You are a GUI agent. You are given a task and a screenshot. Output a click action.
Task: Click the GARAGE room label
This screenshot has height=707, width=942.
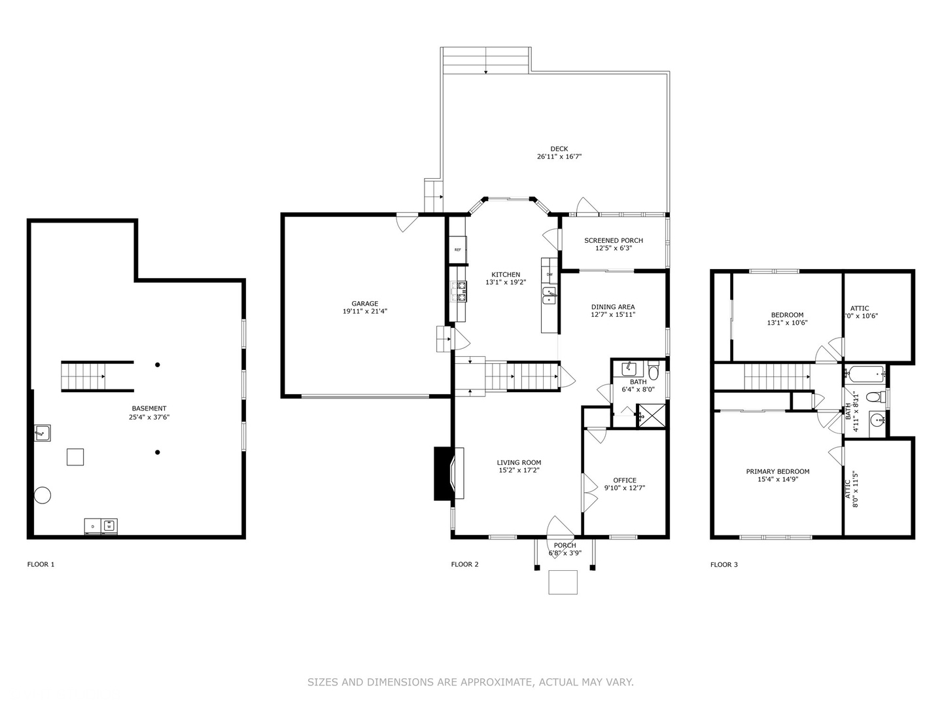point(364,304)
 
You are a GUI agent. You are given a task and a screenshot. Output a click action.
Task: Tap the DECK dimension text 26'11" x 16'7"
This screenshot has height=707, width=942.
point(559,157)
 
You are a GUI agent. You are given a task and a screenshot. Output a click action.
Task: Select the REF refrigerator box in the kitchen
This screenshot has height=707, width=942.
point(458,249)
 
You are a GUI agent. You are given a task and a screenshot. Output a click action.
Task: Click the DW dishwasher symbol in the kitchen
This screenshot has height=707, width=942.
point(549,274)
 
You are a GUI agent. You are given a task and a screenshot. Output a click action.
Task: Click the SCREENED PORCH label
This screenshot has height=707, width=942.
point(613,240)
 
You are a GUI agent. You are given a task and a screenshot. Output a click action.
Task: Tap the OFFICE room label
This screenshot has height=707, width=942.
point(624,480)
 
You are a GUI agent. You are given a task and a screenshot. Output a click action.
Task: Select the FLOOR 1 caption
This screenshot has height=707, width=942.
point(41,564)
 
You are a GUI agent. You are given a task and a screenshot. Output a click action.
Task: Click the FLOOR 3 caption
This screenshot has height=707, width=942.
point(724,564)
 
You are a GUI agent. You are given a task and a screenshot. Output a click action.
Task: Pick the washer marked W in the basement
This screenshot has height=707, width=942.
point(109,526)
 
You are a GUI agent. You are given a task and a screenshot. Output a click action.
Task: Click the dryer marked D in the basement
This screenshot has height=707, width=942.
point(93,526)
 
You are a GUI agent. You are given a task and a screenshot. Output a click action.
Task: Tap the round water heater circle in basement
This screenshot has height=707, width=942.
point(43,495)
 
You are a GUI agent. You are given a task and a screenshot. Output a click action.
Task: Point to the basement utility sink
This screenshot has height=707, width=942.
point(43,433)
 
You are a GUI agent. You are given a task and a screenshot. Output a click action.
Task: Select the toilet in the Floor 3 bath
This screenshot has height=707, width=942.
point(873,397)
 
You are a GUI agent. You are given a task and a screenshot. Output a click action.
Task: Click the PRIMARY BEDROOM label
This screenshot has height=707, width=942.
point(777,471)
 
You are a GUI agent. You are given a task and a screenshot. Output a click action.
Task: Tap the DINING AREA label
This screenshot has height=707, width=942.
point(612,306)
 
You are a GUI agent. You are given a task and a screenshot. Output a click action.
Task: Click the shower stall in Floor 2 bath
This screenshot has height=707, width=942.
point(651,414)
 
